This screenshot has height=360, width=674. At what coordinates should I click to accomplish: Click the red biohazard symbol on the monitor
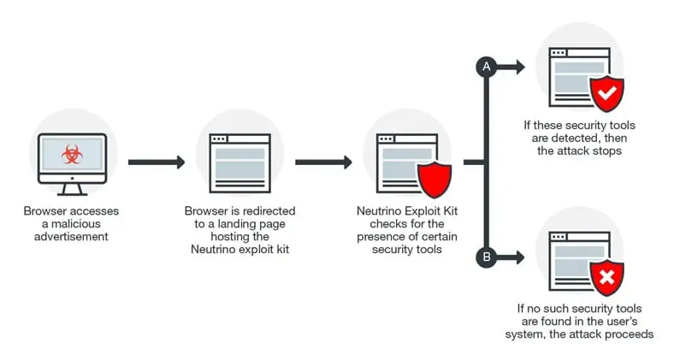click(72, 155)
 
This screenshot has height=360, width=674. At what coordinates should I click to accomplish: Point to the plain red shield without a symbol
click(434, 180)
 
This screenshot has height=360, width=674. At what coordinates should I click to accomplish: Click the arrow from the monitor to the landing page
click(157, 162)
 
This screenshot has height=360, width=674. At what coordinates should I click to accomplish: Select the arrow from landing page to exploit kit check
click(323, 162)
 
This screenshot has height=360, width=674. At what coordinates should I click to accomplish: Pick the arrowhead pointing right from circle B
click(519, 255)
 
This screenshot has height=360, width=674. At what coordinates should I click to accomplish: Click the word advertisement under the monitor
click(72, 235)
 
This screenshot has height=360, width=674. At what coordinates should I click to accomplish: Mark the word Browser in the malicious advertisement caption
click(45, 210)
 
